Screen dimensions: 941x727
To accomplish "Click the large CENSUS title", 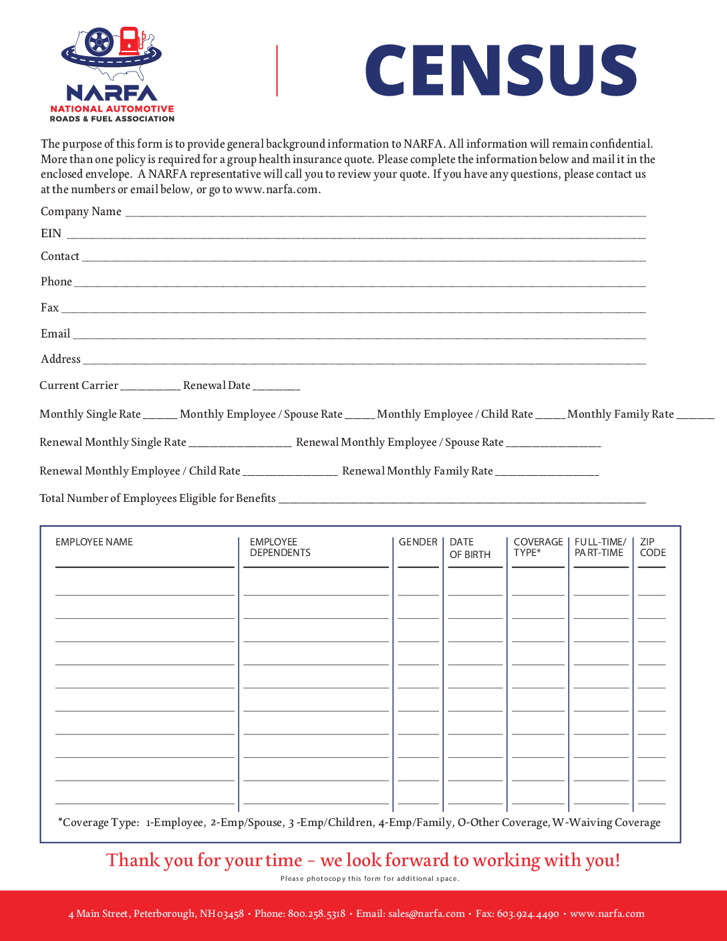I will pyautogui.click(x=501, y=70).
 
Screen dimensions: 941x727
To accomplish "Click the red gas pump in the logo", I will pyautogui.click(x=129, y=41).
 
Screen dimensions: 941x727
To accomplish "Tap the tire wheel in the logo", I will pyautogui.click(x=100, y=42).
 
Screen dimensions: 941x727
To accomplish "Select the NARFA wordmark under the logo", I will pyautogui.click(x=112, y=92).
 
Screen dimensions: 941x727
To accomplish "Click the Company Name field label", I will pyautogui.click(x=81, y=212).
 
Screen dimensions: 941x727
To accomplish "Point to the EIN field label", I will pyautogui.click(x=51, y=234).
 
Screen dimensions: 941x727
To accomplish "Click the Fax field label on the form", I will pyautogui.click(x=49, y=308).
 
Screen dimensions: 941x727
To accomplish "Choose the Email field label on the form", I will pyautogui.click(x=55, y=334).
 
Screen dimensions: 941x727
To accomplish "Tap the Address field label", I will pyautogui.click(x=61, y=360).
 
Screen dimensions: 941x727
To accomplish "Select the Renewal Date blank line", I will pyautogui.click(x=277, y=388).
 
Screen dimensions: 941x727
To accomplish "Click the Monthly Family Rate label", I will pyautogui.click(x=620, y=414).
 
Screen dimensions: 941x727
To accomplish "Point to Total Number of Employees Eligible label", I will pyautogui.click(x=158, y=499).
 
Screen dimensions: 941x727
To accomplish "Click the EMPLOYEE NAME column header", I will pyautogui.click(x=94, y=542).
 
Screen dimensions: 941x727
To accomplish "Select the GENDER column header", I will pyautogui.click(x=418, y=542).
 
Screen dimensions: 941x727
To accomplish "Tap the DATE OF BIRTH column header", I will pyautogui.click(x=470, y=548).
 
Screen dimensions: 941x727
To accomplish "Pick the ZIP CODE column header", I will pyautogui.click(x=652, y=547).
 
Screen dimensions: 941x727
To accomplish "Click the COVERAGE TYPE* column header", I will pyautogui.click(x=538, y=547).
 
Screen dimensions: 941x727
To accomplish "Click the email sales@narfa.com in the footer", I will pyautogui.click(x=426, y=914).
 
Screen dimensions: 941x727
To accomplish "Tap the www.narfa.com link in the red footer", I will pyautogui.click(x=607, y=914).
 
